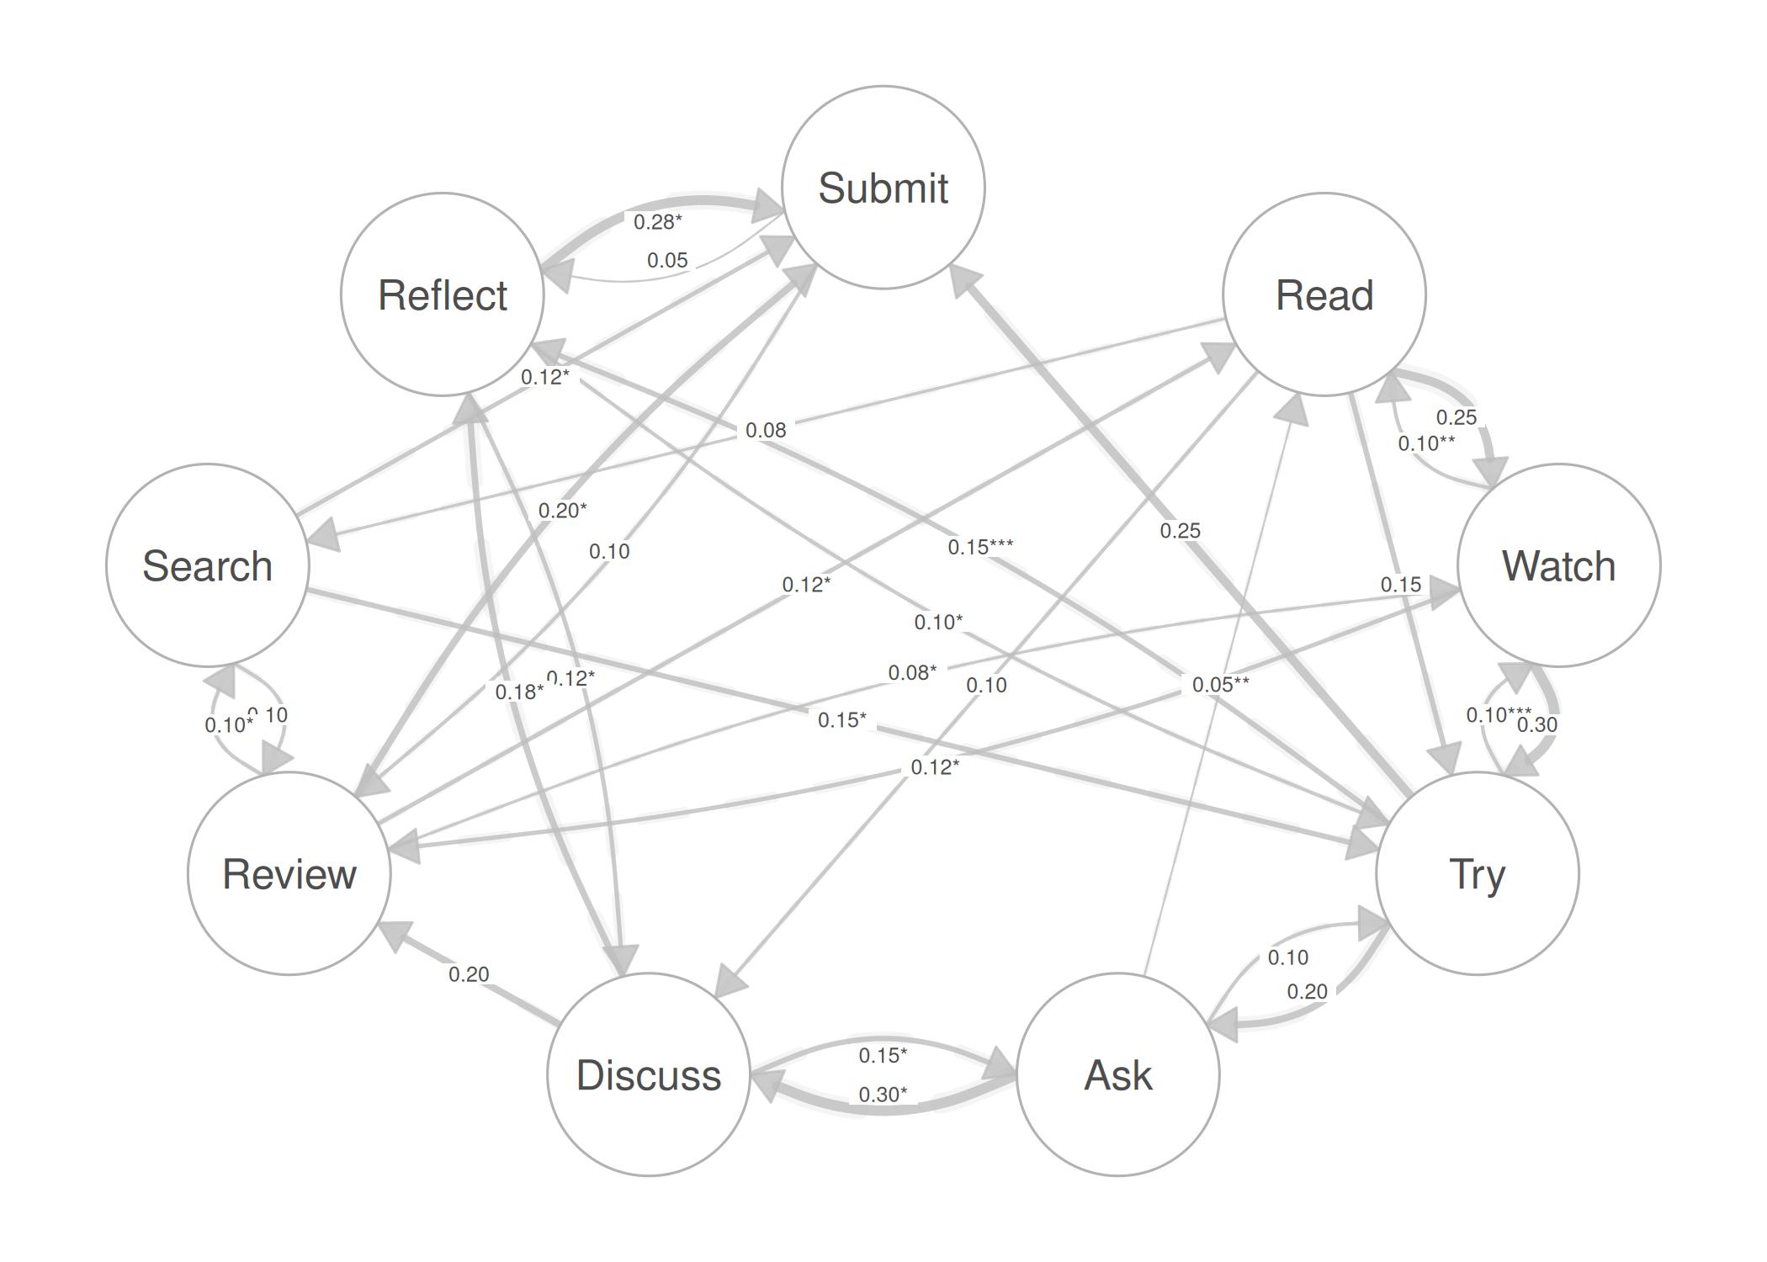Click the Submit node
pos(883,187)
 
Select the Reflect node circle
pos(443,294)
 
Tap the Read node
pos(1324,294)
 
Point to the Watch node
pos(1558,565)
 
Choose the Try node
pos(1477,873)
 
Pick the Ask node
pos(1117,1074)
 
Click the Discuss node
pos(648,1074)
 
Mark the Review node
pos(289,873)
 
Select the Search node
pos(208,565)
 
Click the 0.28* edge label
pos(657,222)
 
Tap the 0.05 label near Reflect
pos(667,261)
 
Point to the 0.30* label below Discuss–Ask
pos(883,1095)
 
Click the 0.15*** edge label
pos(980,547)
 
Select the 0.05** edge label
pos(1220,685)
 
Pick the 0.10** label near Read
pos(1426,443)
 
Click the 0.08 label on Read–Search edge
pos(766,431)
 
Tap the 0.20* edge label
pos(562,510)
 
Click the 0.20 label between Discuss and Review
pos(469,974)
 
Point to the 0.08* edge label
pos(912,673)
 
